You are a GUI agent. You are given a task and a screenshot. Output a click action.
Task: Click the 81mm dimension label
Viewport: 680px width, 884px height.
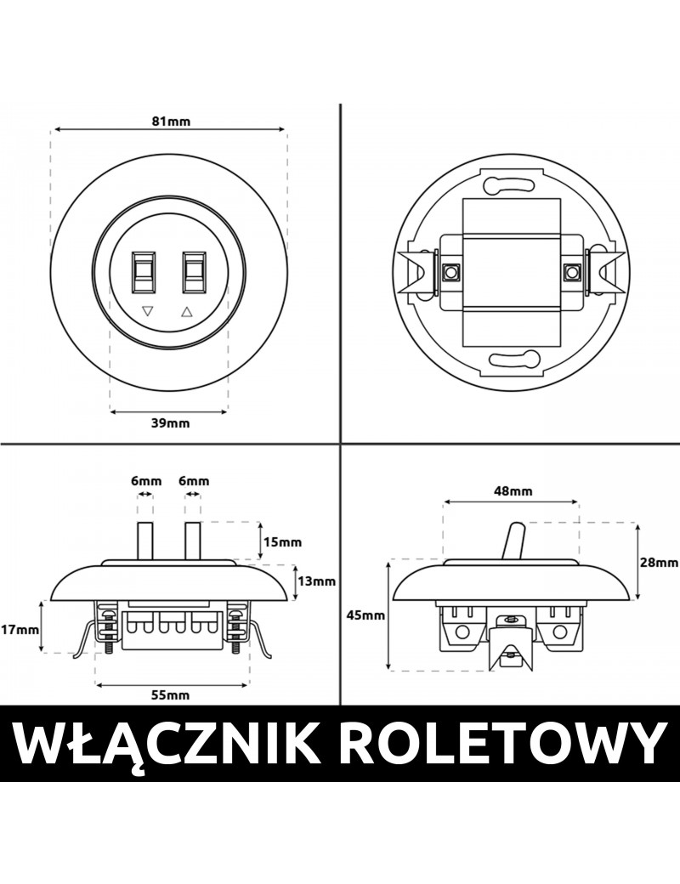[x=171, y=122]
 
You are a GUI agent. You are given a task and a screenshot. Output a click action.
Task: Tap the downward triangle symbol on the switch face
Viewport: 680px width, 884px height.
[x=148, y=312]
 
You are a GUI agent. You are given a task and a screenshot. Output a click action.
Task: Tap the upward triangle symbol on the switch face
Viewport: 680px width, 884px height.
[x=188, y=312]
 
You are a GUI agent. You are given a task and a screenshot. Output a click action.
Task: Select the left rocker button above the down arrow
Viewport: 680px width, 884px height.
[x=144, y=270]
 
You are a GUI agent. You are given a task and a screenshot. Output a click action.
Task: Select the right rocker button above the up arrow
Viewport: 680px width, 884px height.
[x=195, y=270]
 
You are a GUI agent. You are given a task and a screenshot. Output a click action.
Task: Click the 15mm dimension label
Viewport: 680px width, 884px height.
[x=284, y=541]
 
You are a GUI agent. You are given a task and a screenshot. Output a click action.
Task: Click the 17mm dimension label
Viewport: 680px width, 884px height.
[x=19, y=630]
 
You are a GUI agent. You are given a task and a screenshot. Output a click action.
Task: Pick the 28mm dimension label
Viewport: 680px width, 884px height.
[x=660, y=562]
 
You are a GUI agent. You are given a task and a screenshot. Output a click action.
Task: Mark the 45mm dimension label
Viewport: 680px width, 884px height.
[x=366, y=615]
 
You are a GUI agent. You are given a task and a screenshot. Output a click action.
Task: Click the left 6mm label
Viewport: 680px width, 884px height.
[x=145, y=481]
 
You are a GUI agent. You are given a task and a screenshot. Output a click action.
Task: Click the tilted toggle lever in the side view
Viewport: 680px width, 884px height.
[x=513, y=541]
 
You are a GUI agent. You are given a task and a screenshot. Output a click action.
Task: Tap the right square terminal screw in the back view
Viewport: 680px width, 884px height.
[x=573, y=273]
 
